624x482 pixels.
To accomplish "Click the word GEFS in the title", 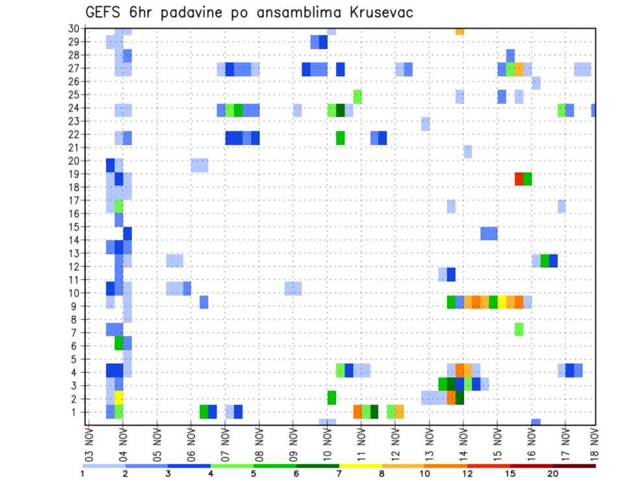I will [x=104, y=12].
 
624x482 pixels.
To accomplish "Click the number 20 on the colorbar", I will [x=553, y=474].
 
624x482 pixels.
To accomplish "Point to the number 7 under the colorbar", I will [x=339, y=474].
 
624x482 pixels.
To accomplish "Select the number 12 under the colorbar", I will [x=467, y=474].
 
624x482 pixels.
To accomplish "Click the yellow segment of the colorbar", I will [x=360, y=465].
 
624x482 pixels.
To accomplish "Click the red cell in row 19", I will [x=519, y=178].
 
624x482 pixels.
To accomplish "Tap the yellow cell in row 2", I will [x=119, y=398].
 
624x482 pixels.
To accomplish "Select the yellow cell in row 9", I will [x=502, y=302].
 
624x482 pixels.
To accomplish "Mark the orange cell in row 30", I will [x=460, y=31].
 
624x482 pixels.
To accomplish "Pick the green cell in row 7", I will [x=519, y=329].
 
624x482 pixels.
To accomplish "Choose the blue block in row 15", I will [x=489, y=233].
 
